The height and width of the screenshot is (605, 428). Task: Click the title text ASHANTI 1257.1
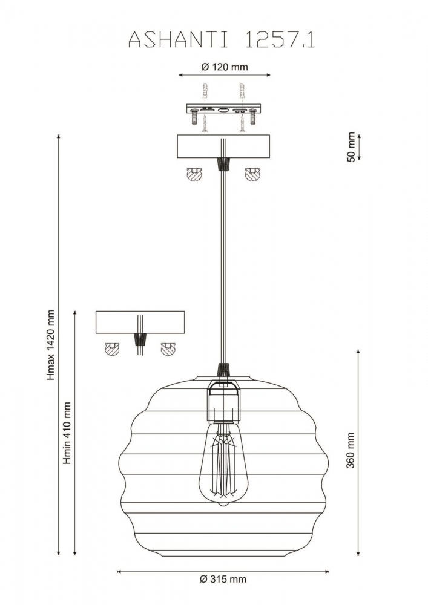221,40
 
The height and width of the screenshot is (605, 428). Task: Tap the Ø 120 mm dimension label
224,67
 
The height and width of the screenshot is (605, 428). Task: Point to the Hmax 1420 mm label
51,345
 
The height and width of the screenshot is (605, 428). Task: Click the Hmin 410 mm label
67,433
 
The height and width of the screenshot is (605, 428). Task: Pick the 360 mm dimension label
351,450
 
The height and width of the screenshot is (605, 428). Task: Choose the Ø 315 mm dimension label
223,579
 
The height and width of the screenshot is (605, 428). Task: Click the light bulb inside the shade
222,464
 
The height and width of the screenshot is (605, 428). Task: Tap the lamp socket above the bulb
223,401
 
